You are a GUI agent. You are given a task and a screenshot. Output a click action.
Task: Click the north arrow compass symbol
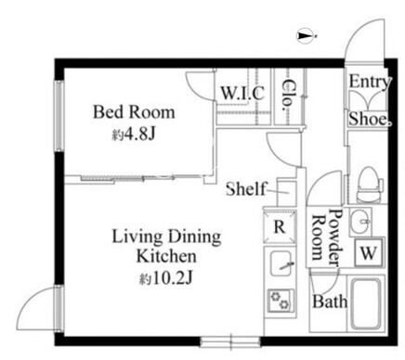click(x=306, y=36)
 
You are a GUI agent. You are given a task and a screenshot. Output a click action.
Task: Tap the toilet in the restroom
click(x=370, y=185)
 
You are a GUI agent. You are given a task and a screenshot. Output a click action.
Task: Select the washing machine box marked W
click(x=369, y=253)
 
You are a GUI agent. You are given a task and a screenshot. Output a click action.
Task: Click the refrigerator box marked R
click(x=280, y=227)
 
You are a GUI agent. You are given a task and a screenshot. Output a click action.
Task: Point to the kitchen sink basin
click(x=281, y=264)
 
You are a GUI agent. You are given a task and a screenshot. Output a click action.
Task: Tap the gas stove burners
click(x=281, y=300)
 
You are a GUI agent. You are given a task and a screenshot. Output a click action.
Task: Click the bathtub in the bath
click(x=365, y=303)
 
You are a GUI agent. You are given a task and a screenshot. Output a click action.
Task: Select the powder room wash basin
click(x=360, y=222)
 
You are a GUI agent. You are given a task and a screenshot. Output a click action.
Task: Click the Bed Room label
click(x=134, y=112)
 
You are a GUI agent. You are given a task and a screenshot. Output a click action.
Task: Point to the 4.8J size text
click(x=133, y=135)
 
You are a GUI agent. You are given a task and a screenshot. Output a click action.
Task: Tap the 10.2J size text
click(x=166, y=278)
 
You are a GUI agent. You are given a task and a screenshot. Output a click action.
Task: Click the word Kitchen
click(x=166, y=256)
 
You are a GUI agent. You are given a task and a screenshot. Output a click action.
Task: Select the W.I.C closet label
click(x=242, y=93)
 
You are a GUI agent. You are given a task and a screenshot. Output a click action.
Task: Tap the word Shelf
click(x=246, y=188)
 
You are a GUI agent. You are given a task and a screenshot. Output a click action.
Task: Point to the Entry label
click(x=370, y=83)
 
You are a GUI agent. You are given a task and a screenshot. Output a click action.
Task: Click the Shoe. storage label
click(x=370, y=119)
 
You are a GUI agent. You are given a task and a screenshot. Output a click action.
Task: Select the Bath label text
click(x=330, y=302)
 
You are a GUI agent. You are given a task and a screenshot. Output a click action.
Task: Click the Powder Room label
click(x=327, y=238)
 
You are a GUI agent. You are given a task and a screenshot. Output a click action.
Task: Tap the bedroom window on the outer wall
click(x=59, y=116)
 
